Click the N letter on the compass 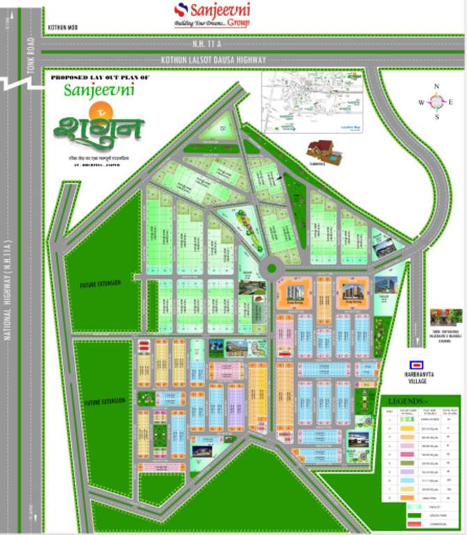pos(436,87)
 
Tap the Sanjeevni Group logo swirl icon pos(183,10)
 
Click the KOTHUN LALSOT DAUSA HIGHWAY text pos(213,60)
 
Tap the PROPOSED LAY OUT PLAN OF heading pos(100,77)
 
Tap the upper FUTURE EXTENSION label pos(102,283)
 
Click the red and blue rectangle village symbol pos(418,364)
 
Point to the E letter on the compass pos(450,102)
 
